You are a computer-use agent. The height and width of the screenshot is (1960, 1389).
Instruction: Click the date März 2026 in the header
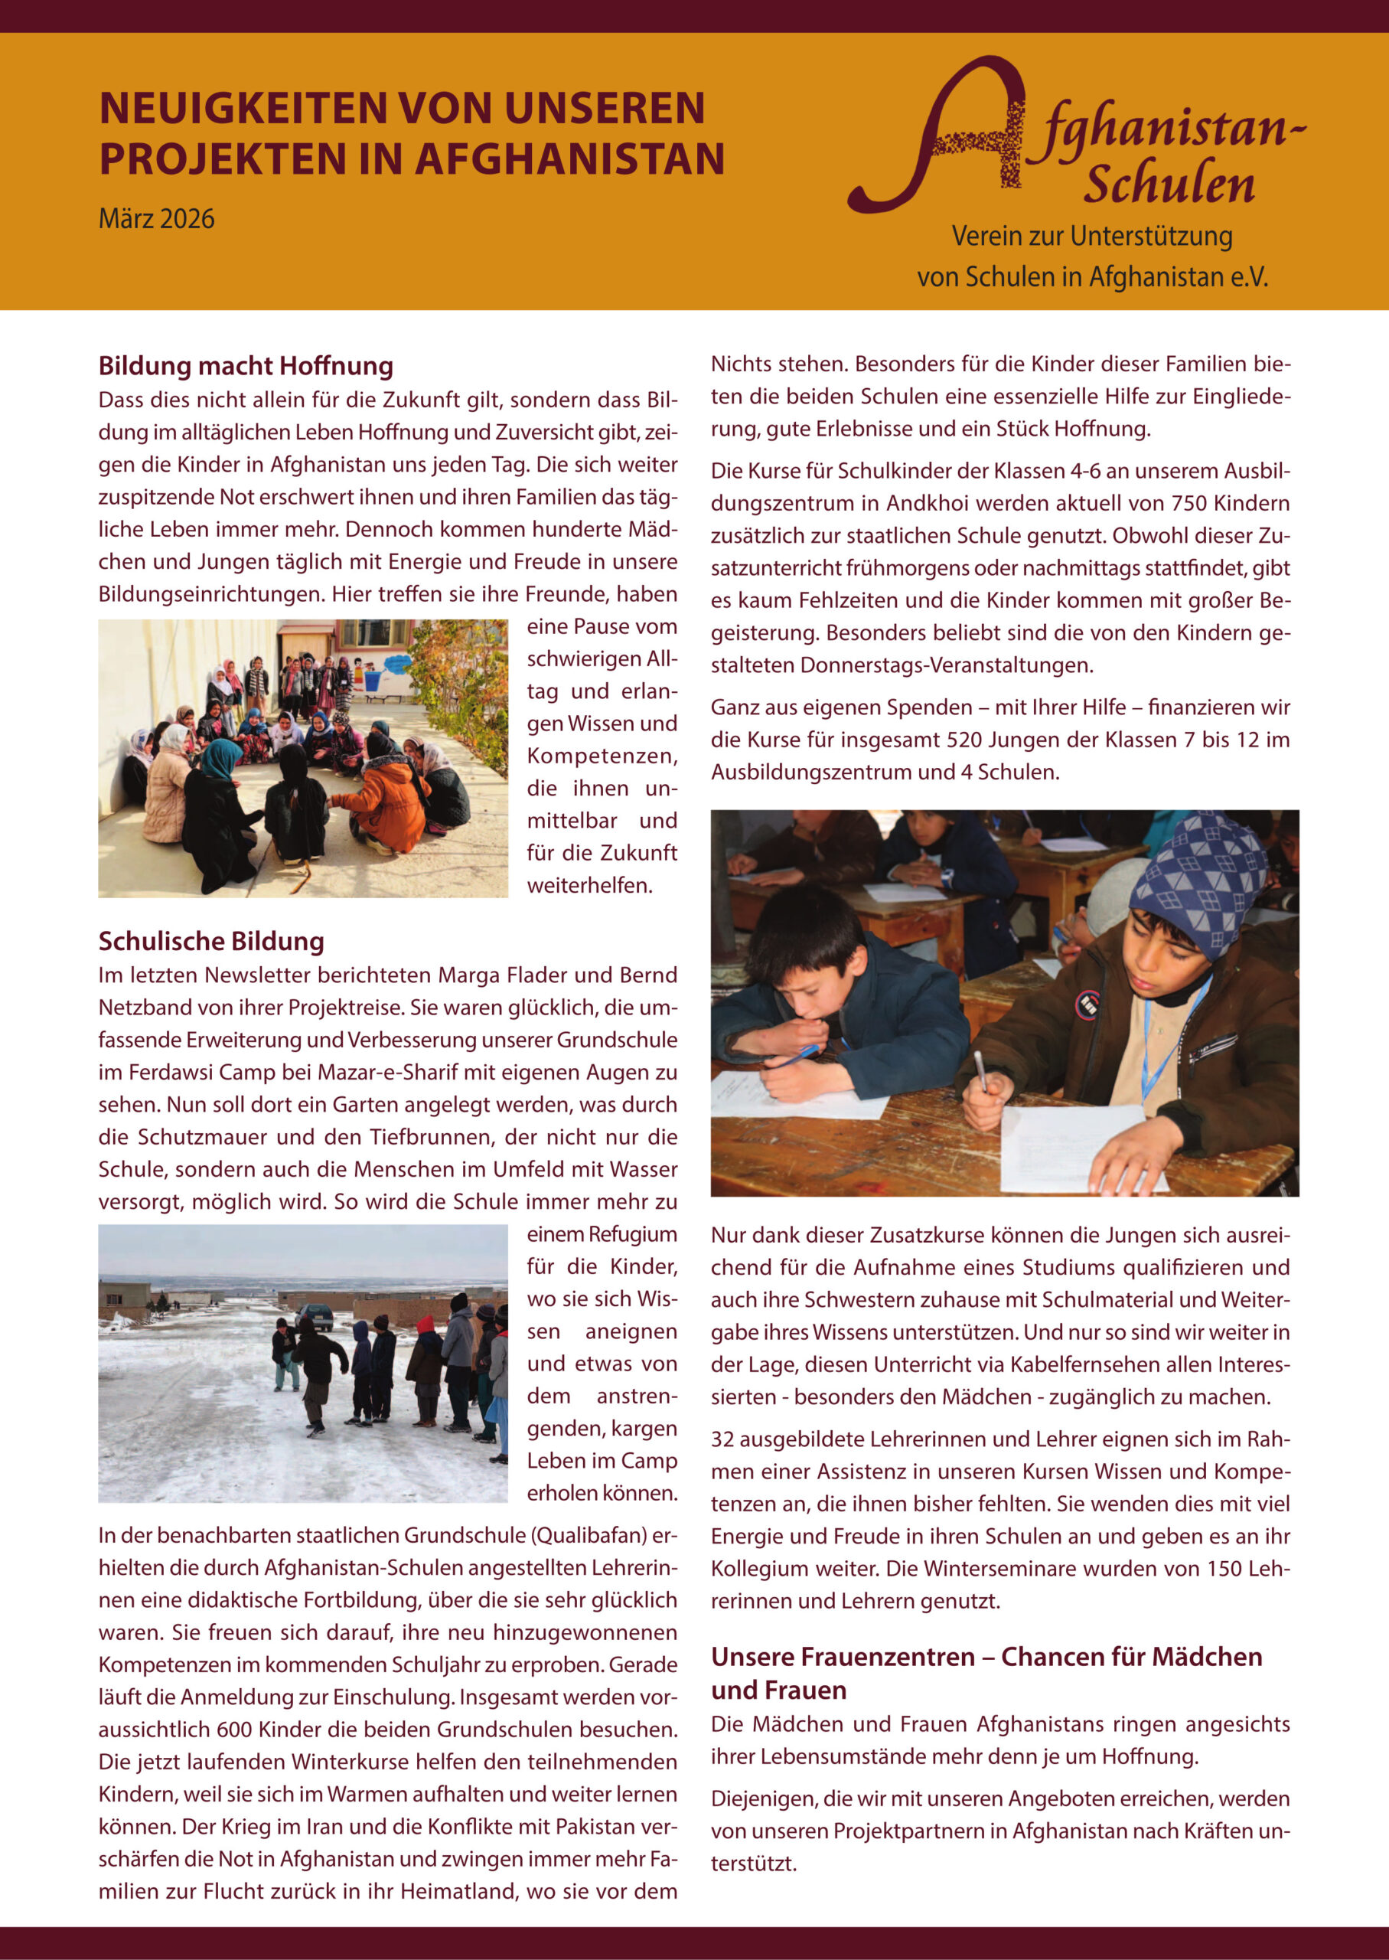click(x=157, y=219)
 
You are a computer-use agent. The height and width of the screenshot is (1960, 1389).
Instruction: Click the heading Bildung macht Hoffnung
click(x=246, y=366)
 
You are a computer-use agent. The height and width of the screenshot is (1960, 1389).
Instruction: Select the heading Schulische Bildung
click(x=210, y=941)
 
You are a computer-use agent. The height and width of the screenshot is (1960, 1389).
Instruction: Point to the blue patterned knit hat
click(x=1198, y=881)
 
